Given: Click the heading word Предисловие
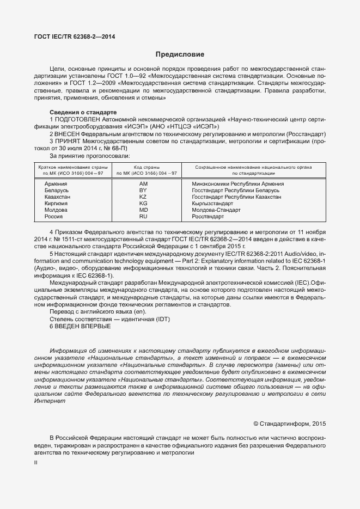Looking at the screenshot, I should [180, 54].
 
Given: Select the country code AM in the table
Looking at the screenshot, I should [143, 184].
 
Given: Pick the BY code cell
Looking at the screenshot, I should [143, 191].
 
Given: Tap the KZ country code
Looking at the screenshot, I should [143, 197].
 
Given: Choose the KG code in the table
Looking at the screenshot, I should [143, 204].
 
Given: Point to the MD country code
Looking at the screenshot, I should [143, 210].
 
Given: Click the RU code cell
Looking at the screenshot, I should [143, 217].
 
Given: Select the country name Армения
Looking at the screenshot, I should [56, 184].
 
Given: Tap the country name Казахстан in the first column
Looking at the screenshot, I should [58, 197].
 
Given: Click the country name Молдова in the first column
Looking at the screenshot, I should [56, 210].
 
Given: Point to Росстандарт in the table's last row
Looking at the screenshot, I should [208, 217].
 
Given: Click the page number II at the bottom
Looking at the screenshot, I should [35, 462].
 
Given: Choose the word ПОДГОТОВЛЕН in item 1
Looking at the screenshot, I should [76, 119].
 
